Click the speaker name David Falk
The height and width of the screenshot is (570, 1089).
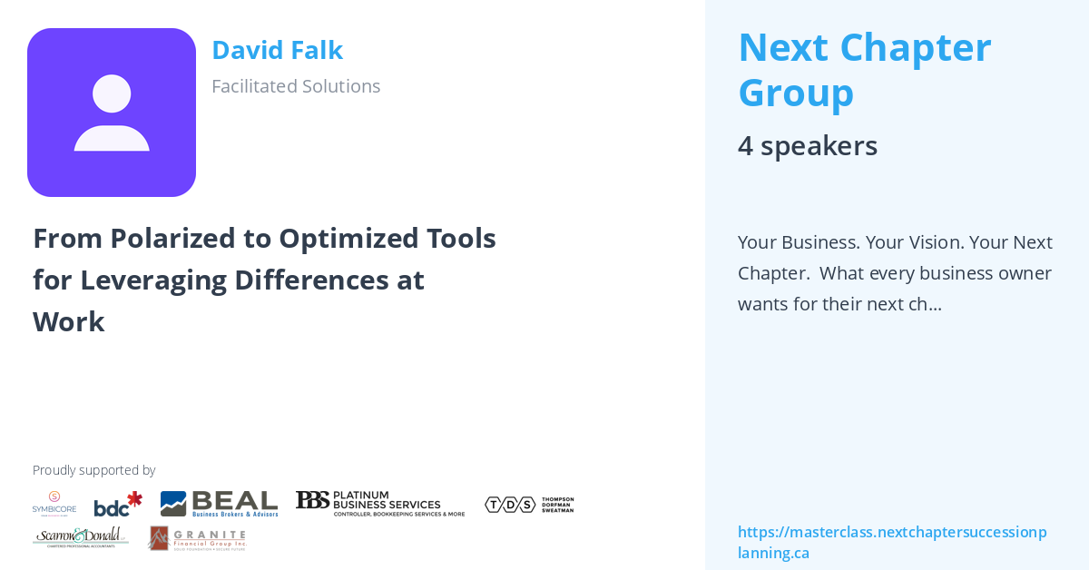coord(277,51)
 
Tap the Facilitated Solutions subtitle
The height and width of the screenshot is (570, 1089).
coord(296,86)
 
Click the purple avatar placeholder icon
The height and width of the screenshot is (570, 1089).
coord(112,113)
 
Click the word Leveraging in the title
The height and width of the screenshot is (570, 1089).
coord(150,280)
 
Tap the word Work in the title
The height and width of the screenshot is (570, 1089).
coord(69,322)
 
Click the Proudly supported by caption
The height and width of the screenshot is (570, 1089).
coord(93,470)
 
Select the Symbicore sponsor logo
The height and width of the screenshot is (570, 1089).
coord(54,503)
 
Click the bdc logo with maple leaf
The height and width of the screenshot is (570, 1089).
coord(118,505)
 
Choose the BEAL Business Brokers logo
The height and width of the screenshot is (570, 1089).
coord(219,504)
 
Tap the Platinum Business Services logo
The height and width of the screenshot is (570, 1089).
coord(379,504)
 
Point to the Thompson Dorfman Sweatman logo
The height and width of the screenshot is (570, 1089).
coord(529,504)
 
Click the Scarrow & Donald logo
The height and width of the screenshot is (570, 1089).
coord(80,537)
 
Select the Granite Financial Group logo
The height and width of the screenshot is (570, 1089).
coord(197,538)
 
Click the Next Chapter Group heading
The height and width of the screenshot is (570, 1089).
coord(864,70)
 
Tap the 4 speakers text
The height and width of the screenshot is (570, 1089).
coord(808,146)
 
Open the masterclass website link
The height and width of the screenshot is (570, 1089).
coord(892,542)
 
